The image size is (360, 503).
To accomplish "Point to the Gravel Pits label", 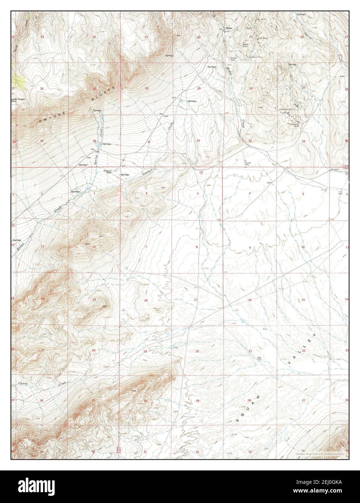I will tap(248, 164).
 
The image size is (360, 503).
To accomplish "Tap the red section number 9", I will tap(250, 248).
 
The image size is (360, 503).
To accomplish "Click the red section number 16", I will tap(250, 300).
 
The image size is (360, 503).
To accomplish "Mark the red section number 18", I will tap(146, 301).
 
